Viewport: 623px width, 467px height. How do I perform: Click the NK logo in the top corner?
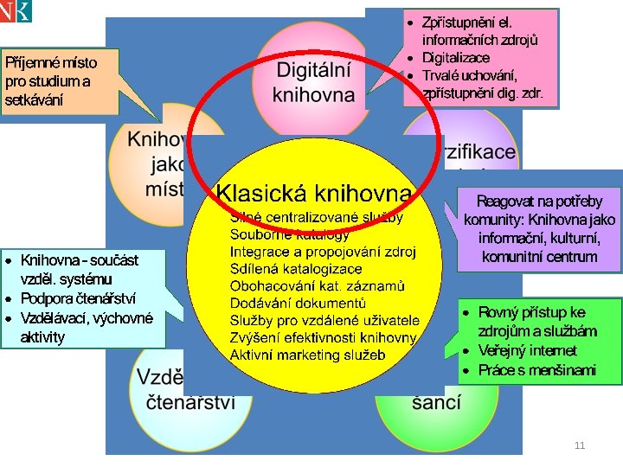[x=16, y=10]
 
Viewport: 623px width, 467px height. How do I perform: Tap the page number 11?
[x=580, y=445]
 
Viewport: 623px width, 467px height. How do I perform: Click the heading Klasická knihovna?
[x=314, y=192]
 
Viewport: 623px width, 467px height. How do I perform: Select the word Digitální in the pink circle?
[x=314, y=69]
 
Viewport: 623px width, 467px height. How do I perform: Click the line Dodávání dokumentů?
[x=298, y=302]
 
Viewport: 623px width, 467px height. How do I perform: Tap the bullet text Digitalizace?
[x=455, y=58]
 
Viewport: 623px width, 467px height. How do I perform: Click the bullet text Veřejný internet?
[x=527, y=351]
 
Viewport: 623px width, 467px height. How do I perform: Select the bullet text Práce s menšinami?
[x=536, y=370]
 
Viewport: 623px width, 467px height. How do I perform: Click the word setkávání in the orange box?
[x=34, y=99]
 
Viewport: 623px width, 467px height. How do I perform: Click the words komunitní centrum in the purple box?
[x=539, y=257]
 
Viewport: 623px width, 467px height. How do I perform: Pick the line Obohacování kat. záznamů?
[x=318, y=285]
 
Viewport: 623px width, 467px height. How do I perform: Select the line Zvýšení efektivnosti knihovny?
[x=323, y=336]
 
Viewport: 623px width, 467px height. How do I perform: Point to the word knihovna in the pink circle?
[x=314, y=93]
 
